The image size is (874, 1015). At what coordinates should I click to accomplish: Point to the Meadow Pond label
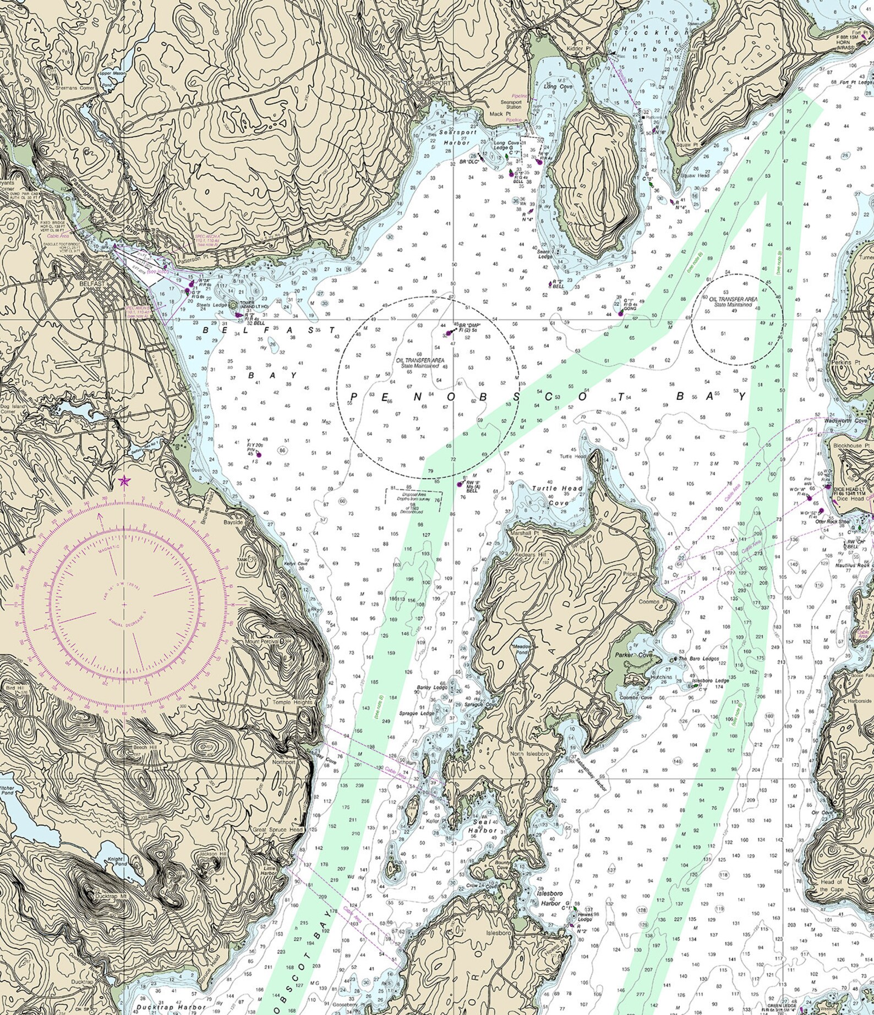coord(521,649)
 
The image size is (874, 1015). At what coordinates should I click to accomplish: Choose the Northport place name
coord(283,762)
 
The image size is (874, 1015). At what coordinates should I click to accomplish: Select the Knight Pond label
coord(117,860)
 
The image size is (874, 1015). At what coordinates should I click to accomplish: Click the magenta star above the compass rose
coord(124,482)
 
